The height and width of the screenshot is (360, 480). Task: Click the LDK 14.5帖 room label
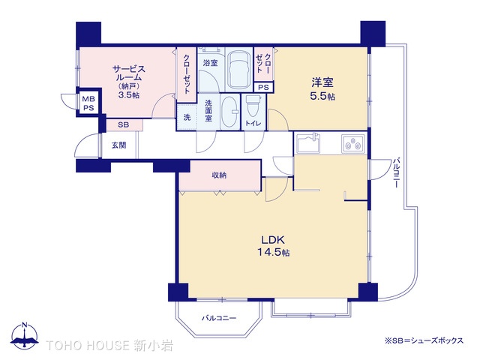273,246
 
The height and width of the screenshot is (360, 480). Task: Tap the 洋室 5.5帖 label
322,88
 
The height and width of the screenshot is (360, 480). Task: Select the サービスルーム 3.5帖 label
129,82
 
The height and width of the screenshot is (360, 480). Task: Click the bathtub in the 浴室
239,70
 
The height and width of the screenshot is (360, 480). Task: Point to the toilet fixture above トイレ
253,106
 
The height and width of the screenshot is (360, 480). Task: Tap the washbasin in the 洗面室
230,112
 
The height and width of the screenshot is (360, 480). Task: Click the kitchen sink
308,142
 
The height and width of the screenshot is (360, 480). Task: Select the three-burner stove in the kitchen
353,143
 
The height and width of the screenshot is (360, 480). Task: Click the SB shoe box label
123,125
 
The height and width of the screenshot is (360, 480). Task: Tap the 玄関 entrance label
118,145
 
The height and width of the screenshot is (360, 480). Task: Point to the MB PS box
88,103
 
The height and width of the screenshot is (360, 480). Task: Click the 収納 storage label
219,175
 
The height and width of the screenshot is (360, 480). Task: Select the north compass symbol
25,336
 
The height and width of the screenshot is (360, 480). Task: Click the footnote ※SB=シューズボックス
424,340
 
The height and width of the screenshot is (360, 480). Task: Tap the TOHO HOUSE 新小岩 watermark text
109,345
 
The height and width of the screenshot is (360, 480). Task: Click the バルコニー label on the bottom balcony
219,318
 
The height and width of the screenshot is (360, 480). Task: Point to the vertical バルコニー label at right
396,172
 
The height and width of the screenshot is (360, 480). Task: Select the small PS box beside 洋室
263,87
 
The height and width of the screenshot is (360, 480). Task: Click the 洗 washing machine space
187,117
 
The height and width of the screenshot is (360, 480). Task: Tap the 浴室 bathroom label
210,63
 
